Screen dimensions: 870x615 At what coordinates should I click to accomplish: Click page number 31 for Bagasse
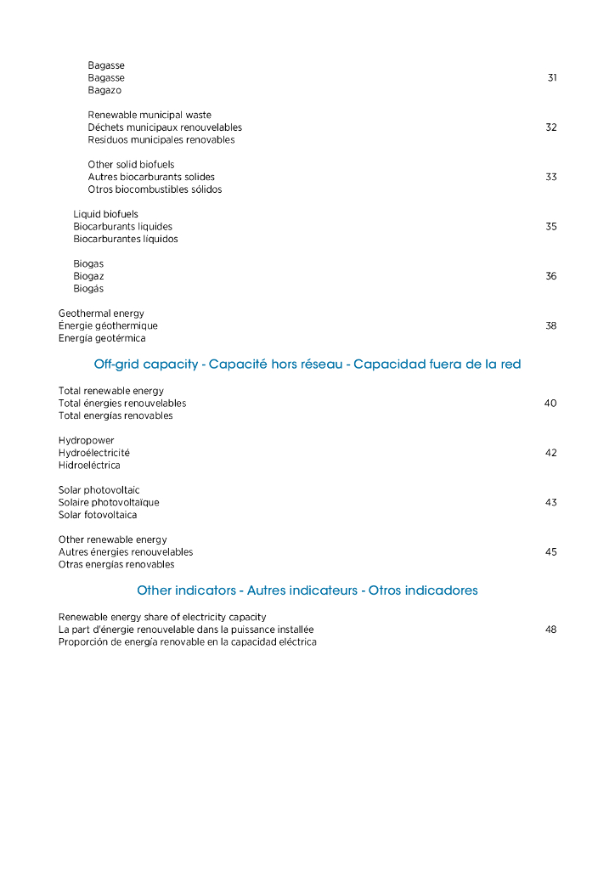tap(552, 78)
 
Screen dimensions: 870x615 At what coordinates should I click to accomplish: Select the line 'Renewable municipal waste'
tap(150, 115)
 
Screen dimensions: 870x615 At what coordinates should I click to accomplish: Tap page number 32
tap(551, 127)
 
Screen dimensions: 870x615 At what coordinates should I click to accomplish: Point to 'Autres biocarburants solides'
tap(151, 177)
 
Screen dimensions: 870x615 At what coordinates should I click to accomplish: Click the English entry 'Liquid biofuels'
tap(105, 214)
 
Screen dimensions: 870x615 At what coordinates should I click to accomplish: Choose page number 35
tap(551, 227)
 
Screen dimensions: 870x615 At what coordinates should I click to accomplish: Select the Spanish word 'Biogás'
tap(88, 289)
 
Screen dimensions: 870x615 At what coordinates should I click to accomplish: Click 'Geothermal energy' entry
tap(101, 314)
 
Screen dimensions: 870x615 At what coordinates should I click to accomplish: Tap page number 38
tap(551, 326)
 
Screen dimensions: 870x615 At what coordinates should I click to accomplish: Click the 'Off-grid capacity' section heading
tap(307, 364)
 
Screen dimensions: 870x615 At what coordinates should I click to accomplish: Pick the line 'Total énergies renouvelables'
tap(122, 404)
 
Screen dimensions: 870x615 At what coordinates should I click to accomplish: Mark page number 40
tap(550, 404)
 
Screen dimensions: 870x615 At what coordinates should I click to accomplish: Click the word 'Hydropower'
tap(86, 440)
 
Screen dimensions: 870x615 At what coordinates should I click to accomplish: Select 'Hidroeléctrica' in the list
tap(89, 466)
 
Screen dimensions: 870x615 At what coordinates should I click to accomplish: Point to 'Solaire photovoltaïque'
tap(109, 502)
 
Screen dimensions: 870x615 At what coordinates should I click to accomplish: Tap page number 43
tap(551, 503)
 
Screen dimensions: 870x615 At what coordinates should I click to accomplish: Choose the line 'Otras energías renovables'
tap(116, 564)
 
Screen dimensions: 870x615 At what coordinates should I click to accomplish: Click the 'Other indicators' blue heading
tap(307, 590)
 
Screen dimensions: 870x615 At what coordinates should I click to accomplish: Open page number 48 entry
tap(551, 630)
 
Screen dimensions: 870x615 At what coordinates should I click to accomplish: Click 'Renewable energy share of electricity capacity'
tap(162, 617)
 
